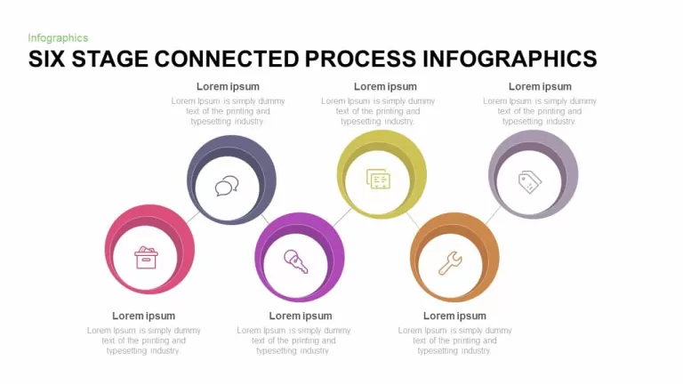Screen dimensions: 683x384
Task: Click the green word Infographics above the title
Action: coord(58,38)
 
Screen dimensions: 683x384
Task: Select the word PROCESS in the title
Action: coord(360,60)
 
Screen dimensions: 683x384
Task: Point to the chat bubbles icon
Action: coord(227,186)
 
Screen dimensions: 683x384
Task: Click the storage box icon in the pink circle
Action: coord(146,258)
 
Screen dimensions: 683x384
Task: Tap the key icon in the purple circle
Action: coord(296,261)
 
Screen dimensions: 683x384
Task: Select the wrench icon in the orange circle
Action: coord(450,263)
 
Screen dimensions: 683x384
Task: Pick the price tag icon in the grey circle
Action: coord(530,181)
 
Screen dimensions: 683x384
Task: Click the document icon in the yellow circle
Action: coord(378,179)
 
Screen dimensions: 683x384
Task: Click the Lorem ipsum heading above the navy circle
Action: coord(228,86)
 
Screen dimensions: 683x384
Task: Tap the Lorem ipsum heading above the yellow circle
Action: coord(385,86)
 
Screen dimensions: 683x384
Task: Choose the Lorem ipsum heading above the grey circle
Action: coord(540,86)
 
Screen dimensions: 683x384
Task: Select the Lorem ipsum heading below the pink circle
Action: coord(143,316)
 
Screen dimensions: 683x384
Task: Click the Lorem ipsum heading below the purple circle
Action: coord(300,316)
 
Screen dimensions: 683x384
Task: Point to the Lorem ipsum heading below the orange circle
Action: coord(454,316)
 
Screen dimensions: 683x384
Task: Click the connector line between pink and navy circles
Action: coord(192,218)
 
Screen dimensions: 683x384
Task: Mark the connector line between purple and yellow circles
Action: coord(342,217)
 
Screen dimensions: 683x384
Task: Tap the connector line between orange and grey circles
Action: coord(493,215)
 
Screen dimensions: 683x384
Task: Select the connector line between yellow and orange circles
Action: coord(413,220)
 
